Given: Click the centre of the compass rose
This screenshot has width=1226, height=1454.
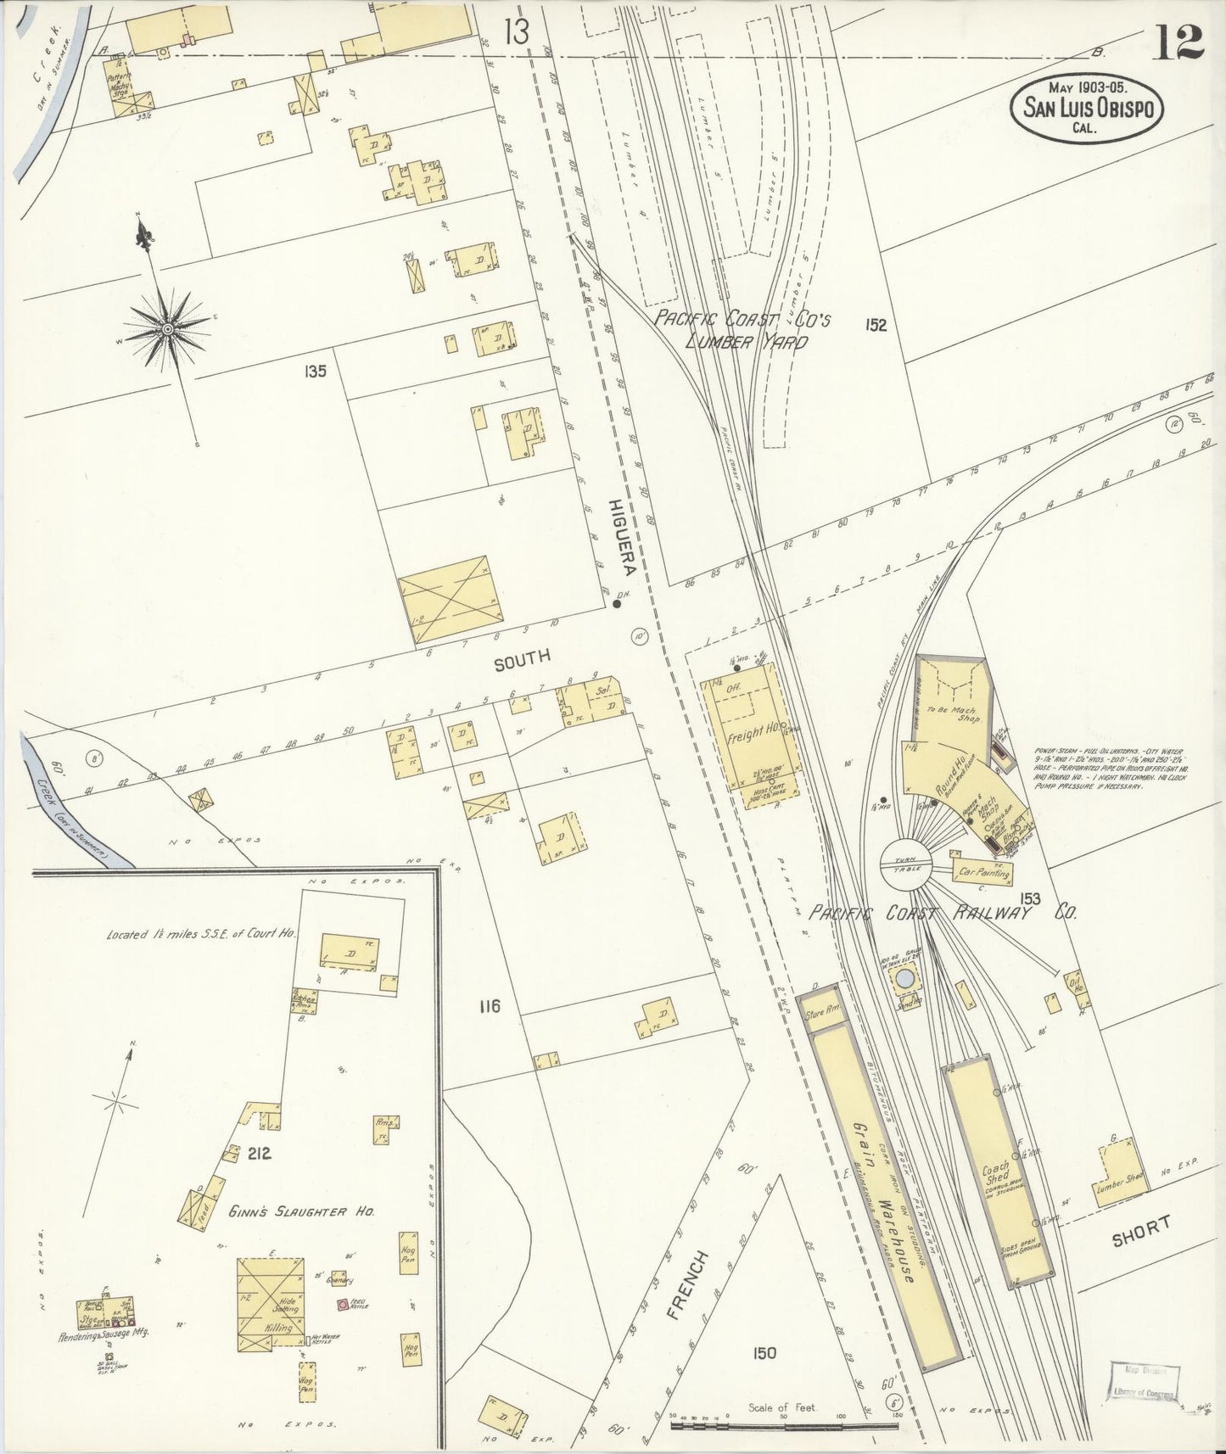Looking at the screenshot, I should click(168, 329).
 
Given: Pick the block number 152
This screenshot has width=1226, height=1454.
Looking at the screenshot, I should click(876, 324).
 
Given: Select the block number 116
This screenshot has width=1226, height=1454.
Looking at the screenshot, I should click(490, 1007).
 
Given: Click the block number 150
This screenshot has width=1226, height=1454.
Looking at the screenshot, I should click(764, 1353).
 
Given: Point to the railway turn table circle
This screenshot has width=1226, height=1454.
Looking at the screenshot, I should click(905, 864).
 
